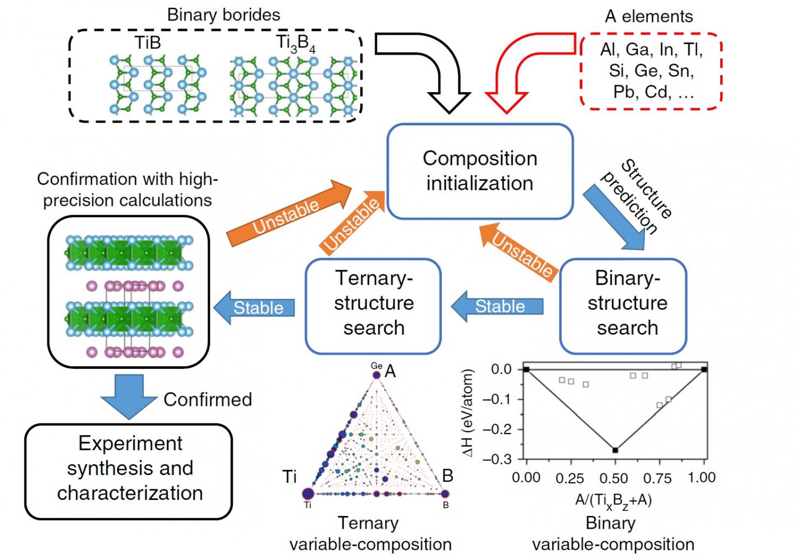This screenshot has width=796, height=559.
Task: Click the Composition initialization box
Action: (480, 171)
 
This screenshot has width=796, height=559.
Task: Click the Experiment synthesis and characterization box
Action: (129, 469)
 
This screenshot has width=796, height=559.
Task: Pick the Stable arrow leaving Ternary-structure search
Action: (254, 308)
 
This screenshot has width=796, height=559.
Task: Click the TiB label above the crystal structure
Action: (148, 43)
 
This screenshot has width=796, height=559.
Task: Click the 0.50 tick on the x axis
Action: (614, 478)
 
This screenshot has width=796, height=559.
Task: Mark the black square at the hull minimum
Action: (615, 450)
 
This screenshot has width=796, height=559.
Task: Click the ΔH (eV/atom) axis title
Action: (468, 414)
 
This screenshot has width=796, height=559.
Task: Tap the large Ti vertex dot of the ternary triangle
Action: (308, 493)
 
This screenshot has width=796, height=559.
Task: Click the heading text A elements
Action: (648, 17)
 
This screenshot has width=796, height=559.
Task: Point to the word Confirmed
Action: (208, 400)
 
